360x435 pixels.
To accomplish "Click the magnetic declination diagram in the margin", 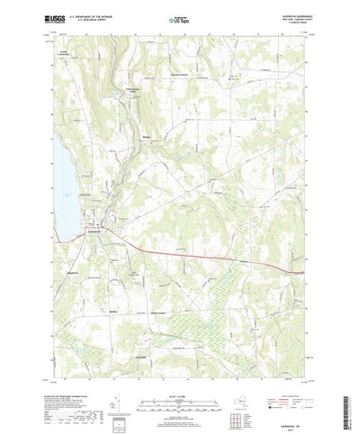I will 110,394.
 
